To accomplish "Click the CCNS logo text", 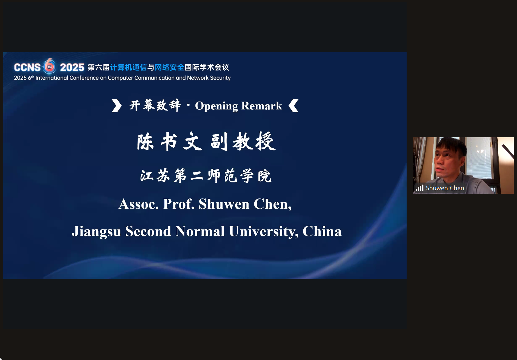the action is [x=27, y=67].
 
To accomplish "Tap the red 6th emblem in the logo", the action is [x=49, y=66].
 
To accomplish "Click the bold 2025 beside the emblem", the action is [x=72, y=67].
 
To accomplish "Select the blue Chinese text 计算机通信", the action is [x=128, y=67].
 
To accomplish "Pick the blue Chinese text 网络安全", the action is [x=170, y=67].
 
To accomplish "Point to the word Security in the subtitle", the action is [x=220, y=78].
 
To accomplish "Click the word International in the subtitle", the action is [x=52, y=78].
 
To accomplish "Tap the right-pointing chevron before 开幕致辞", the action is [x=116, y=106].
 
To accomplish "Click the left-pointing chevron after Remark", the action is [x=293, y=106].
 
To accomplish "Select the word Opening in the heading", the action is [x=217, y=106].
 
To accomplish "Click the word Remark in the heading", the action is [x=262, y=106].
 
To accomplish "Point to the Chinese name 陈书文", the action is [x=170, y=141].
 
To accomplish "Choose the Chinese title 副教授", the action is [x=243, y=141].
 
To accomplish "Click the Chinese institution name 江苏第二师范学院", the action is [x=206, y=176].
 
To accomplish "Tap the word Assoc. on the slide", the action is [x=138, y=204].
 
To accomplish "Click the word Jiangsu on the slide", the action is [x=97, y=232].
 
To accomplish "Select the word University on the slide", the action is [x=264, y=232].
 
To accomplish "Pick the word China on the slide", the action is [x=322, y=231].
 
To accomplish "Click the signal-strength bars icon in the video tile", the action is [x=419, y=188].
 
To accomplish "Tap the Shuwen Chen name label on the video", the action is [x=445, y=188].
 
